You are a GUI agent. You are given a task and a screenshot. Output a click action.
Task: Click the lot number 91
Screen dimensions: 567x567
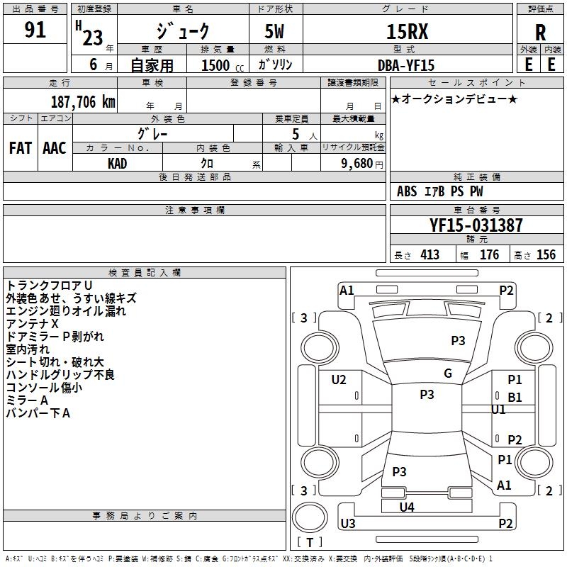tap(35, 30)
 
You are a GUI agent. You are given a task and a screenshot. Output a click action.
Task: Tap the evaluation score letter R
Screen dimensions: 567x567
tap(541, 32)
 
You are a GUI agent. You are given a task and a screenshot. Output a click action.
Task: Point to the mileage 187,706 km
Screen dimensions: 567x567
tap(83, 101)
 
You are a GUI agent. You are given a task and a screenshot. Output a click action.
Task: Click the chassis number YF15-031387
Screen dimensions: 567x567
tap(476, 225)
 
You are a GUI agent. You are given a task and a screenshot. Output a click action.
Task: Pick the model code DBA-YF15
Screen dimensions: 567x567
tap(405, 64)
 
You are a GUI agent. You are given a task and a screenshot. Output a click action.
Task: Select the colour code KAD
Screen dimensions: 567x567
tap(118, 163)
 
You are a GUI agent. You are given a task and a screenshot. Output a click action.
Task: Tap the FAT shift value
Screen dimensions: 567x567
tap(20, 147)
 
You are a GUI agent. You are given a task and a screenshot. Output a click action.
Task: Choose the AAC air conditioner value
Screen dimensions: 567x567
tap(55, 147)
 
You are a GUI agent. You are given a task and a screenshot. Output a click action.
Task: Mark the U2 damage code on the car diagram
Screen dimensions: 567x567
tap(339, 380)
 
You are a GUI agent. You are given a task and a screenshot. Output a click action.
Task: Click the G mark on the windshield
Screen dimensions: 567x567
tap(448, 374)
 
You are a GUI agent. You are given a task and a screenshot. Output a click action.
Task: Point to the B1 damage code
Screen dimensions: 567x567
tap(515, 398)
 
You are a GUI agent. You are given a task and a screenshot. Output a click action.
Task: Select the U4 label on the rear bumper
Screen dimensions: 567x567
tap(407, 507)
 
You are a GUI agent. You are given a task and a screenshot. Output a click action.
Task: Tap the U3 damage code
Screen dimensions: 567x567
tap(347, 524)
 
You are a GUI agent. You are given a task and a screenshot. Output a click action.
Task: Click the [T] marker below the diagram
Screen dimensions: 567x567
tap(310, 543)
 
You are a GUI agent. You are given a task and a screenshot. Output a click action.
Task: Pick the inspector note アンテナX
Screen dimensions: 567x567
tap(33, 323)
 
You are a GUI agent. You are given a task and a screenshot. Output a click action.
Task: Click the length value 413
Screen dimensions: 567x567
tap(430, 255)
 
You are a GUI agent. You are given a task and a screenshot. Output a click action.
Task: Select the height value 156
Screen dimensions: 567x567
tap(546, 255)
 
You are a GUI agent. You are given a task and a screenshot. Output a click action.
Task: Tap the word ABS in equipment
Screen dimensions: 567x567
tap(407, 191)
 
